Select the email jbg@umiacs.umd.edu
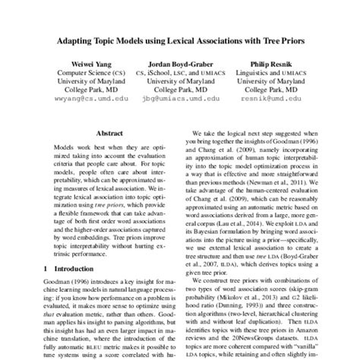(x=179, y=99)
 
